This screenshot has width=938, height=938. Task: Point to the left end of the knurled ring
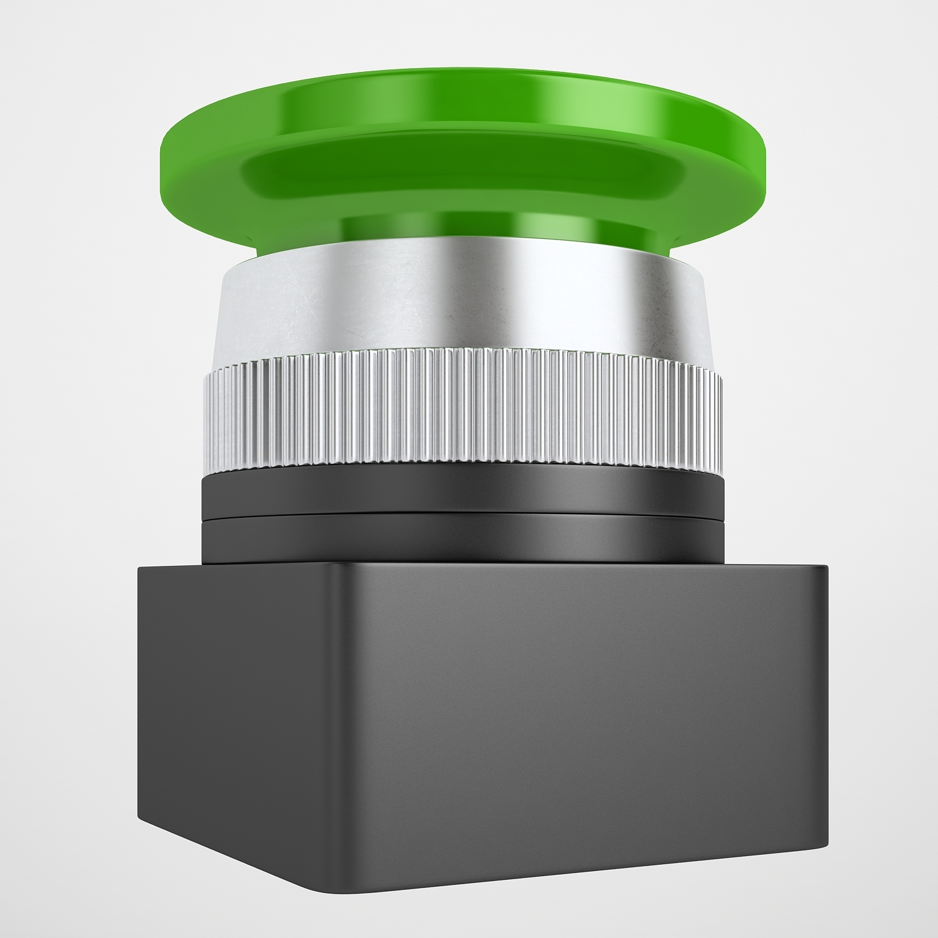(x=204, y=413)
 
